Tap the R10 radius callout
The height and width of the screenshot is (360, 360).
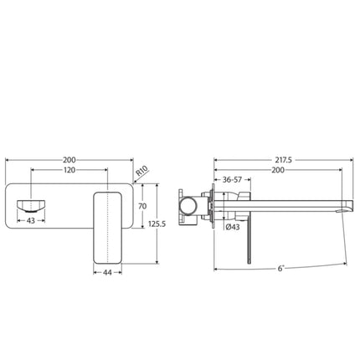pos(143,172)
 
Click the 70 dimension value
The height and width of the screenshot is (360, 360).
pos(142,204)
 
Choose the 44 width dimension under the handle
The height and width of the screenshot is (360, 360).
pos(108,271)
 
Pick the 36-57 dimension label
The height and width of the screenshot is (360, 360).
pos(229,179)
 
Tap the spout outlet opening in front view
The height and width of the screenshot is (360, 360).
pos(32,205)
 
